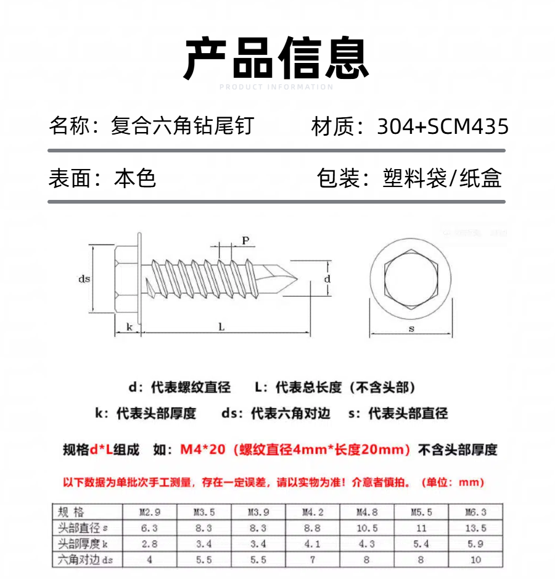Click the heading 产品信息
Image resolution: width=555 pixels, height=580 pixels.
tap(276, 59)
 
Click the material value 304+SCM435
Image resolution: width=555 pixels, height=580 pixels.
tap(443, 126)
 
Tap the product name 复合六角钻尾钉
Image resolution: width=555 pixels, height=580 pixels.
tap(182, 126)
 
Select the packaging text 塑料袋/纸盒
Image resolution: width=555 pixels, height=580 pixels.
tap(442, 178)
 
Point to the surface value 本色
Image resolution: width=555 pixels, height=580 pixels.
tap(135, 178)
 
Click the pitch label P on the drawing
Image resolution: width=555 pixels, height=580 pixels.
tap(245, 241)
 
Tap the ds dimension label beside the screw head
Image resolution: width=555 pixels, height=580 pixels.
tap(84, 279)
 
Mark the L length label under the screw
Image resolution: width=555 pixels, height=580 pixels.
tap(221, 327)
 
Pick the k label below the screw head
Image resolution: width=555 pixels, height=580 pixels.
tap(129, 327)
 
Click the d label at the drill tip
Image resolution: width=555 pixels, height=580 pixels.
tap(327, 279)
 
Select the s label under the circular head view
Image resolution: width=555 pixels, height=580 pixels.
tap(411, 329)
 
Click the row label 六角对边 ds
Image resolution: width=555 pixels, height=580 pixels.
tap(85, 560)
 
